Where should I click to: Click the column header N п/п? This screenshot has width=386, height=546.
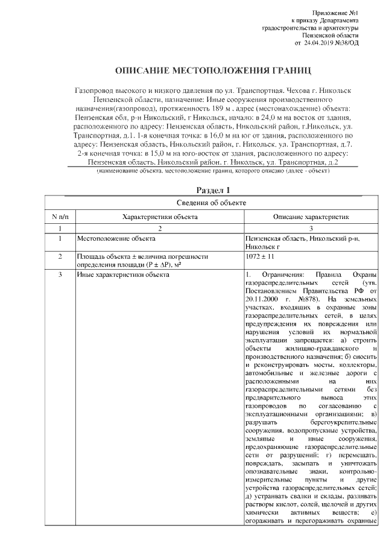click(x=60, y=216)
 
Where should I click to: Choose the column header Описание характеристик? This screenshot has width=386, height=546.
click(x=310, y=216)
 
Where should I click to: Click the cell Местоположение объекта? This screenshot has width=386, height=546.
click(x=112, y=240)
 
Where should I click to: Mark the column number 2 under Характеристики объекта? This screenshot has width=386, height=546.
click(x=159, y=229)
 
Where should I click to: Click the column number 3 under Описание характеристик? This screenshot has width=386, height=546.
click(x=310, y=229)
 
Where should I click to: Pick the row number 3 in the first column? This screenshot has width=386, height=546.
click(x=60, y=275)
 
